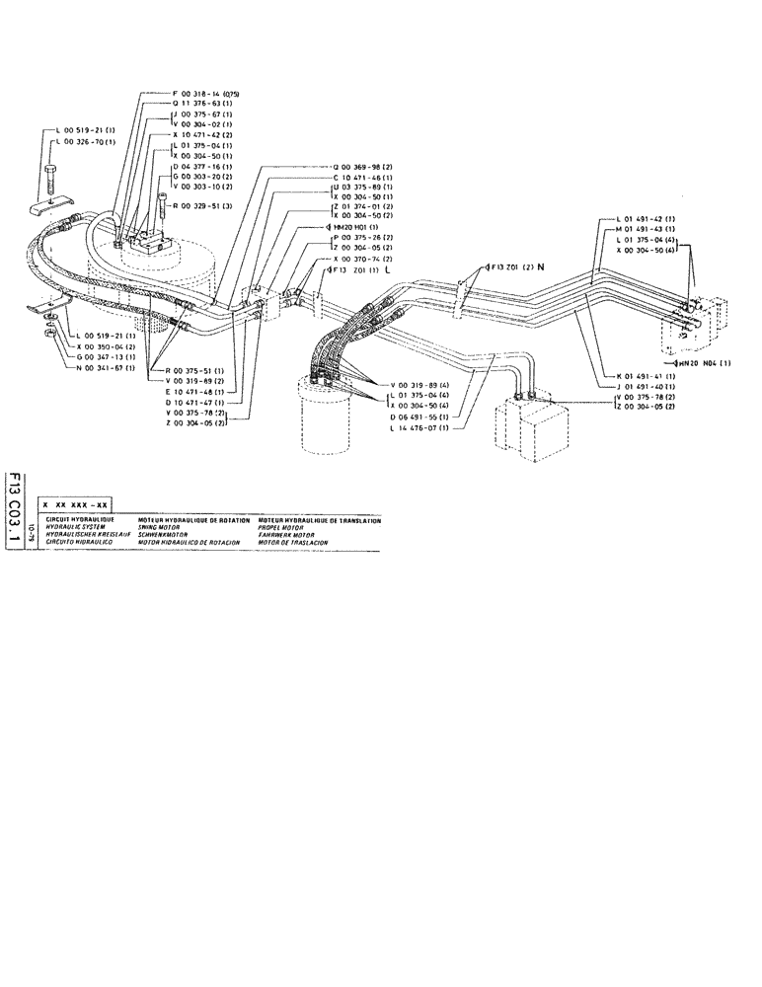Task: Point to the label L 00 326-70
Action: tap(84, 143)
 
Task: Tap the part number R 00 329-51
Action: tap(203, 206)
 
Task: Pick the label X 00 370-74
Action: tap(361, 258)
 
